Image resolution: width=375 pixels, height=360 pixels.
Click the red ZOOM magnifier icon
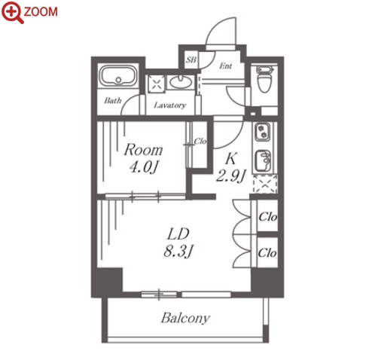click(13, 13)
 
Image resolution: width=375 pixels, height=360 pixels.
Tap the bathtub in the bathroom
click(118, 76)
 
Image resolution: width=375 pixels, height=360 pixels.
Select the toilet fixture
click(264, 79)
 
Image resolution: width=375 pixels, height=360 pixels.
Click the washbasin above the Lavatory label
click(180, 81)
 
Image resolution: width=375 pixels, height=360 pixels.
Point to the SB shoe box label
click(191, 59)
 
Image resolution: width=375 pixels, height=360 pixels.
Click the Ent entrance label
click(225, 66)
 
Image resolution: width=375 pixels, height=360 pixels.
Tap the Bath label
click(113, 101)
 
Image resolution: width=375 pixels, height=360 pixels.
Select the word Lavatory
click(170, 105)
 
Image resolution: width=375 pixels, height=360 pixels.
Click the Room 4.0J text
click(143, 158)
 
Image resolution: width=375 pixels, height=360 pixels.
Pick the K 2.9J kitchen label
click(230, 168)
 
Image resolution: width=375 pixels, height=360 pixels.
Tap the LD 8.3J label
click(178, 243)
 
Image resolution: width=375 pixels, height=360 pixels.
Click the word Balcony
click(185, 319)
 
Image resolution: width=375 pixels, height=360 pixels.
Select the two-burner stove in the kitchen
click(263, 132)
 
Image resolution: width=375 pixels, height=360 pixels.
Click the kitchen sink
click(263, 160)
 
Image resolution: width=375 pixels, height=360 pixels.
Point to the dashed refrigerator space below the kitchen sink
click(265, 184)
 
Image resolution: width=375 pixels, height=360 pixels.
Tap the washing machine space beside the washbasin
click(157, 82)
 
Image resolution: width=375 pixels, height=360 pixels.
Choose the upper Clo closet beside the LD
click(267, 216)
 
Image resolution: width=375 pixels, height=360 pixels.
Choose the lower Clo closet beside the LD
click(267, 252)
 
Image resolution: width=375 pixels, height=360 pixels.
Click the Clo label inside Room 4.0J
click(200, 142)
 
